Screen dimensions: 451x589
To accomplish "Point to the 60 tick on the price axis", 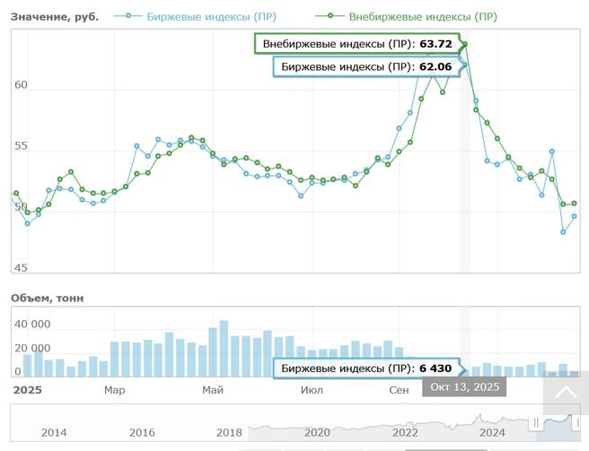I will pyautogui.click(x=21, y=85).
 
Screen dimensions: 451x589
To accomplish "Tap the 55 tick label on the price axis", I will pyautogui.click(x=21, y=146).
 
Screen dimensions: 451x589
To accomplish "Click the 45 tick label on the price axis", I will pyautogui.click(x=21, y=267).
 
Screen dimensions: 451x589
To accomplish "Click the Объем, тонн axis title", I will pyautogui.click(x=47, y=298).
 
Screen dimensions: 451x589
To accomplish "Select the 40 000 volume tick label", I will pyautogui.click(x=32, y=324).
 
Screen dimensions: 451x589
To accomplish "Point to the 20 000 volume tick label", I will pyautogui.click(x=32, y=348).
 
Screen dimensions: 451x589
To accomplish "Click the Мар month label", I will pyautogui.click(x=114, y=390).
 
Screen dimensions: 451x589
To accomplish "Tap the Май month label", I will pyautogui.click(x=213, y=390).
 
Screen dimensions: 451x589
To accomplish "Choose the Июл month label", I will pyautogui.click(x=312, y=390).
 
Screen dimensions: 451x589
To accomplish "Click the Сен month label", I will pyautogui.click(x=399, y=390).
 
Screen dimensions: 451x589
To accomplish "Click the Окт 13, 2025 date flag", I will pyautogui.click(x=464, y=386).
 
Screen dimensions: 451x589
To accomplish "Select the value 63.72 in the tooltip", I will pyautogui.click(x=435, y=44).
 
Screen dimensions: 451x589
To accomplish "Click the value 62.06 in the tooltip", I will pyautogui.click(x=435, y=66).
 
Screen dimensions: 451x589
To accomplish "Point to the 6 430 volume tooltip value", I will pyautogui.click(x=435, y=369).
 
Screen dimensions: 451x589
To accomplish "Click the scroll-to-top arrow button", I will pyautogui.click(x=565, y=393).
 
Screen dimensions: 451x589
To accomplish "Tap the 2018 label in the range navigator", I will pyautogui.click(x=229, y=432).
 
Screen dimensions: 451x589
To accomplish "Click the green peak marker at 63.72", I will pyautogui.click(x=465, y=44).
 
